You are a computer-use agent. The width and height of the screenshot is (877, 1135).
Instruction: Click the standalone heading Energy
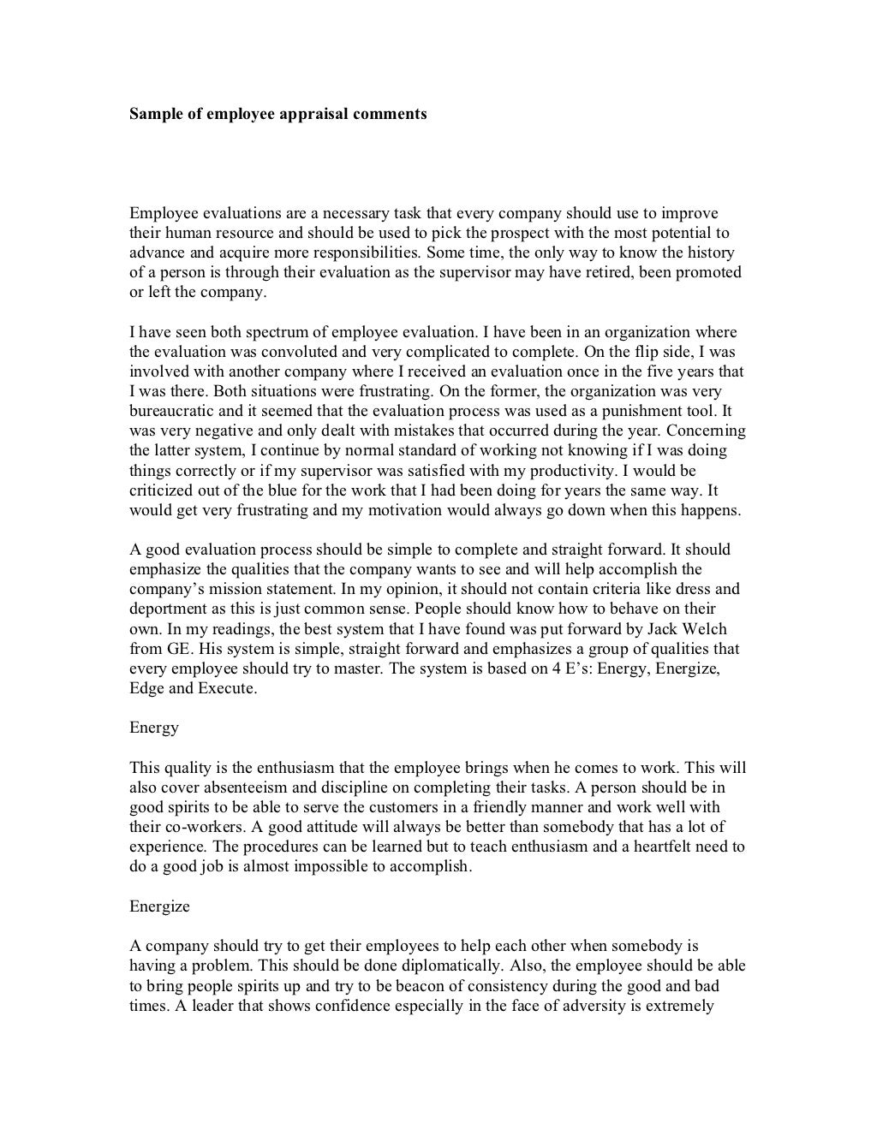pos(154,728)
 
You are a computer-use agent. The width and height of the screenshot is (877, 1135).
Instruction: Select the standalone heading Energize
pos(159,906)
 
